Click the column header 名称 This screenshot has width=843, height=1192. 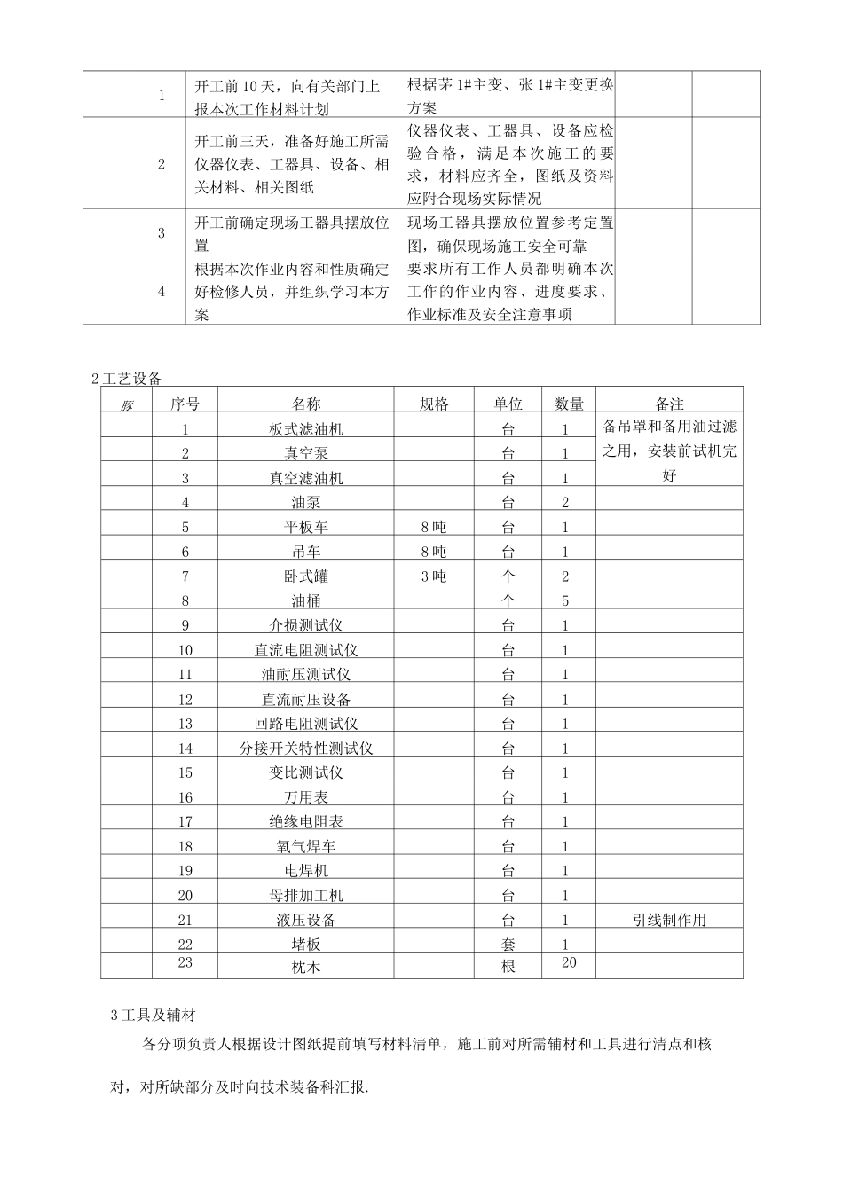tap(306, 404)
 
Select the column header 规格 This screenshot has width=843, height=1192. tap(434, 404)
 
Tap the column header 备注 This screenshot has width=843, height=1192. tap(670, 404)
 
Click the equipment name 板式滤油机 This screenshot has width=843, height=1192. tap(306, 429)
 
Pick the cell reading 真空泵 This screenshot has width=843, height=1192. tap(306, 454)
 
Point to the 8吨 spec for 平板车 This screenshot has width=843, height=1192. tap(434, 528)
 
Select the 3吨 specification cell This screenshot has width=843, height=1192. tap(434, 576)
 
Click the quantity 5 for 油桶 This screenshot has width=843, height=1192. tap(565, 601)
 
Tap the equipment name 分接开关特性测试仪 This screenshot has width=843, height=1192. tap(306, 749)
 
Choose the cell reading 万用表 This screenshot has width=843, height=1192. tap(306, 797)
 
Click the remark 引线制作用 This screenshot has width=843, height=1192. tap(670, 921)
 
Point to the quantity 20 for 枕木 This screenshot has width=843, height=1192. tap(569, 963)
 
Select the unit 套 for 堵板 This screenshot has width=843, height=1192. tap(508, 945)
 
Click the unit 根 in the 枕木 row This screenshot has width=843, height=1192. tap(508, 967)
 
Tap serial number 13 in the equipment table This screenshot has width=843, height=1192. tap(185, 724)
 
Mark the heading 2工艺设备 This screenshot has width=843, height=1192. tap(127, 379)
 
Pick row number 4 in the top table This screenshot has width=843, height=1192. tap(162, 291)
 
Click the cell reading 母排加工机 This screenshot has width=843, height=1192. tap(306, 896)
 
